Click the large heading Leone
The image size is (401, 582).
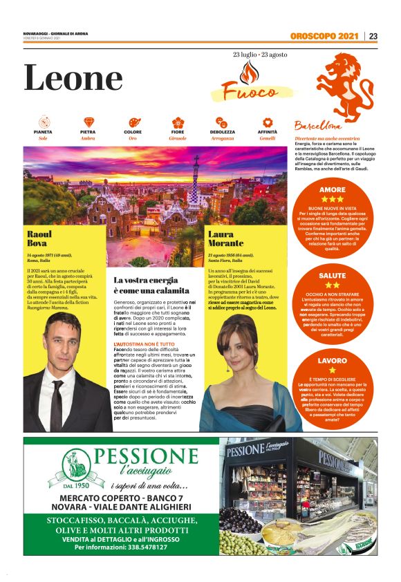pos(73,79)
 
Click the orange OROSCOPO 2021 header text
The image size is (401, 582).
pos(325,37)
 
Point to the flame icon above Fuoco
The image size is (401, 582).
pos(248,72)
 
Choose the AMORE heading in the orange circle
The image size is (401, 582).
pos(333,189)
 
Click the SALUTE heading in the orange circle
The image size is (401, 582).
pos(333,275)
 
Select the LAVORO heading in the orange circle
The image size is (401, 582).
pos(333,361)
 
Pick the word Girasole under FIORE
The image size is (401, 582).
pos(178,138)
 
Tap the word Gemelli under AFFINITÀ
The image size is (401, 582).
pos(267,138)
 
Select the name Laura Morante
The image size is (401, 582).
pos(225,238)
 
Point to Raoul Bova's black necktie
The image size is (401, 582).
pos(57,404)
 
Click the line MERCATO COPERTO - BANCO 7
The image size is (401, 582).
pos(121,498)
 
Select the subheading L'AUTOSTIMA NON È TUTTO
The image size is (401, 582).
pos(144,343)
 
